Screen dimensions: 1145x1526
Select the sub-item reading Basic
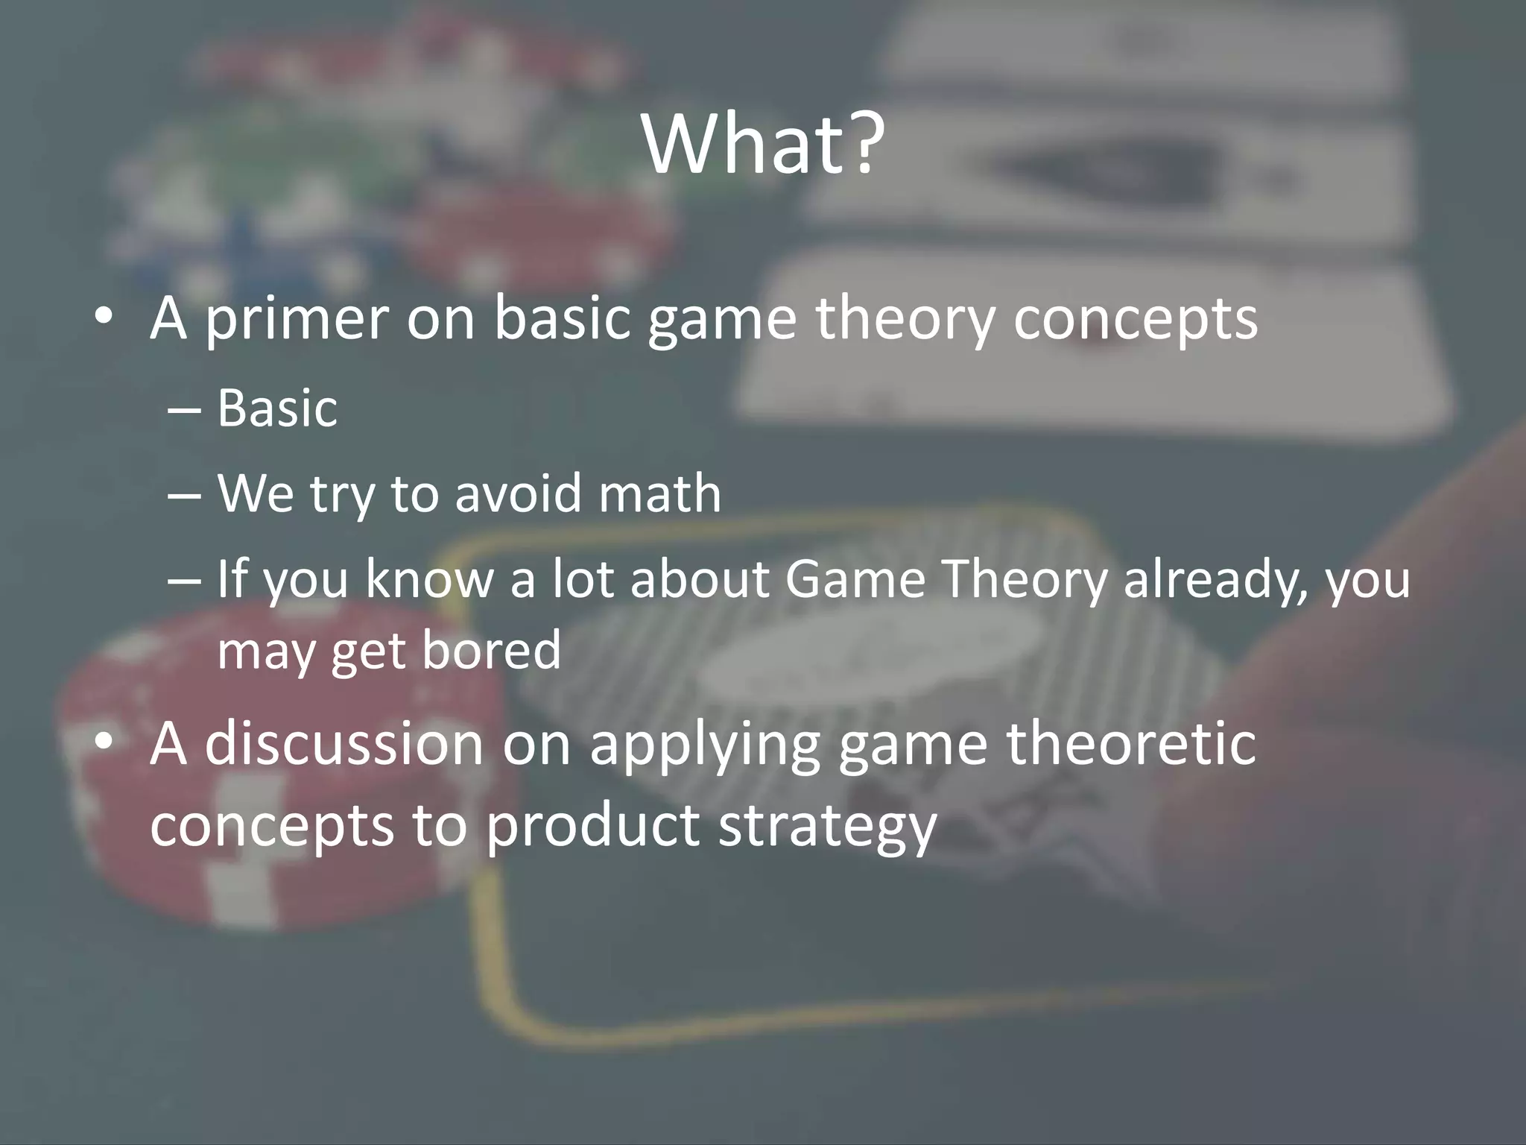[277, 409]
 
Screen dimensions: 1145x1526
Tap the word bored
[491, 650]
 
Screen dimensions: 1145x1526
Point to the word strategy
[826, 826]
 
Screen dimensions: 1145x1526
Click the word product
[592, 826]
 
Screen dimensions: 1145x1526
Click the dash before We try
[184, 495]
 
